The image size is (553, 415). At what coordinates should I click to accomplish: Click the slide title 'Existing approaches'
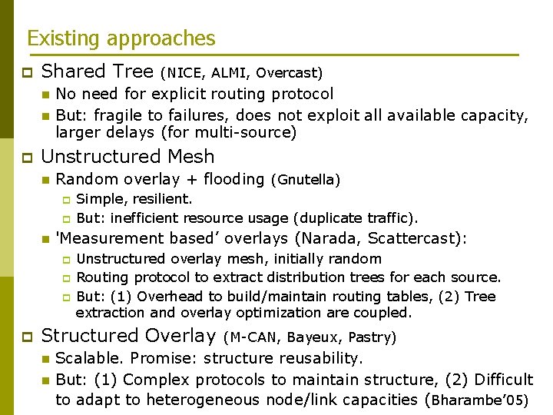click(121, 38)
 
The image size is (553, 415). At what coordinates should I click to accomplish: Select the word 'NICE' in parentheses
click(184, 74)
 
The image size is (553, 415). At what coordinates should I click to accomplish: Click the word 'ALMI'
click(229, 74)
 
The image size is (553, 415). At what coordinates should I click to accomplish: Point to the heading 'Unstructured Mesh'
click(127, 157)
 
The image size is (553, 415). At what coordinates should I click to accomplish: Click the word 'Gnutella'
click(305, 181)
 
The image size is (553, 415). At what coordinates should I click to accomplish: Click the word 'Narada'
click(323, 238)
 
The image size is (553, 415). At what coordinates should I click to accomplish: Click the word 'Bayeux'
click(313, 337)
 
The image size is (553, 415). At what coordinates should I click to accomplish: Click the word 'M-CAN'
click(254, 337)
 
